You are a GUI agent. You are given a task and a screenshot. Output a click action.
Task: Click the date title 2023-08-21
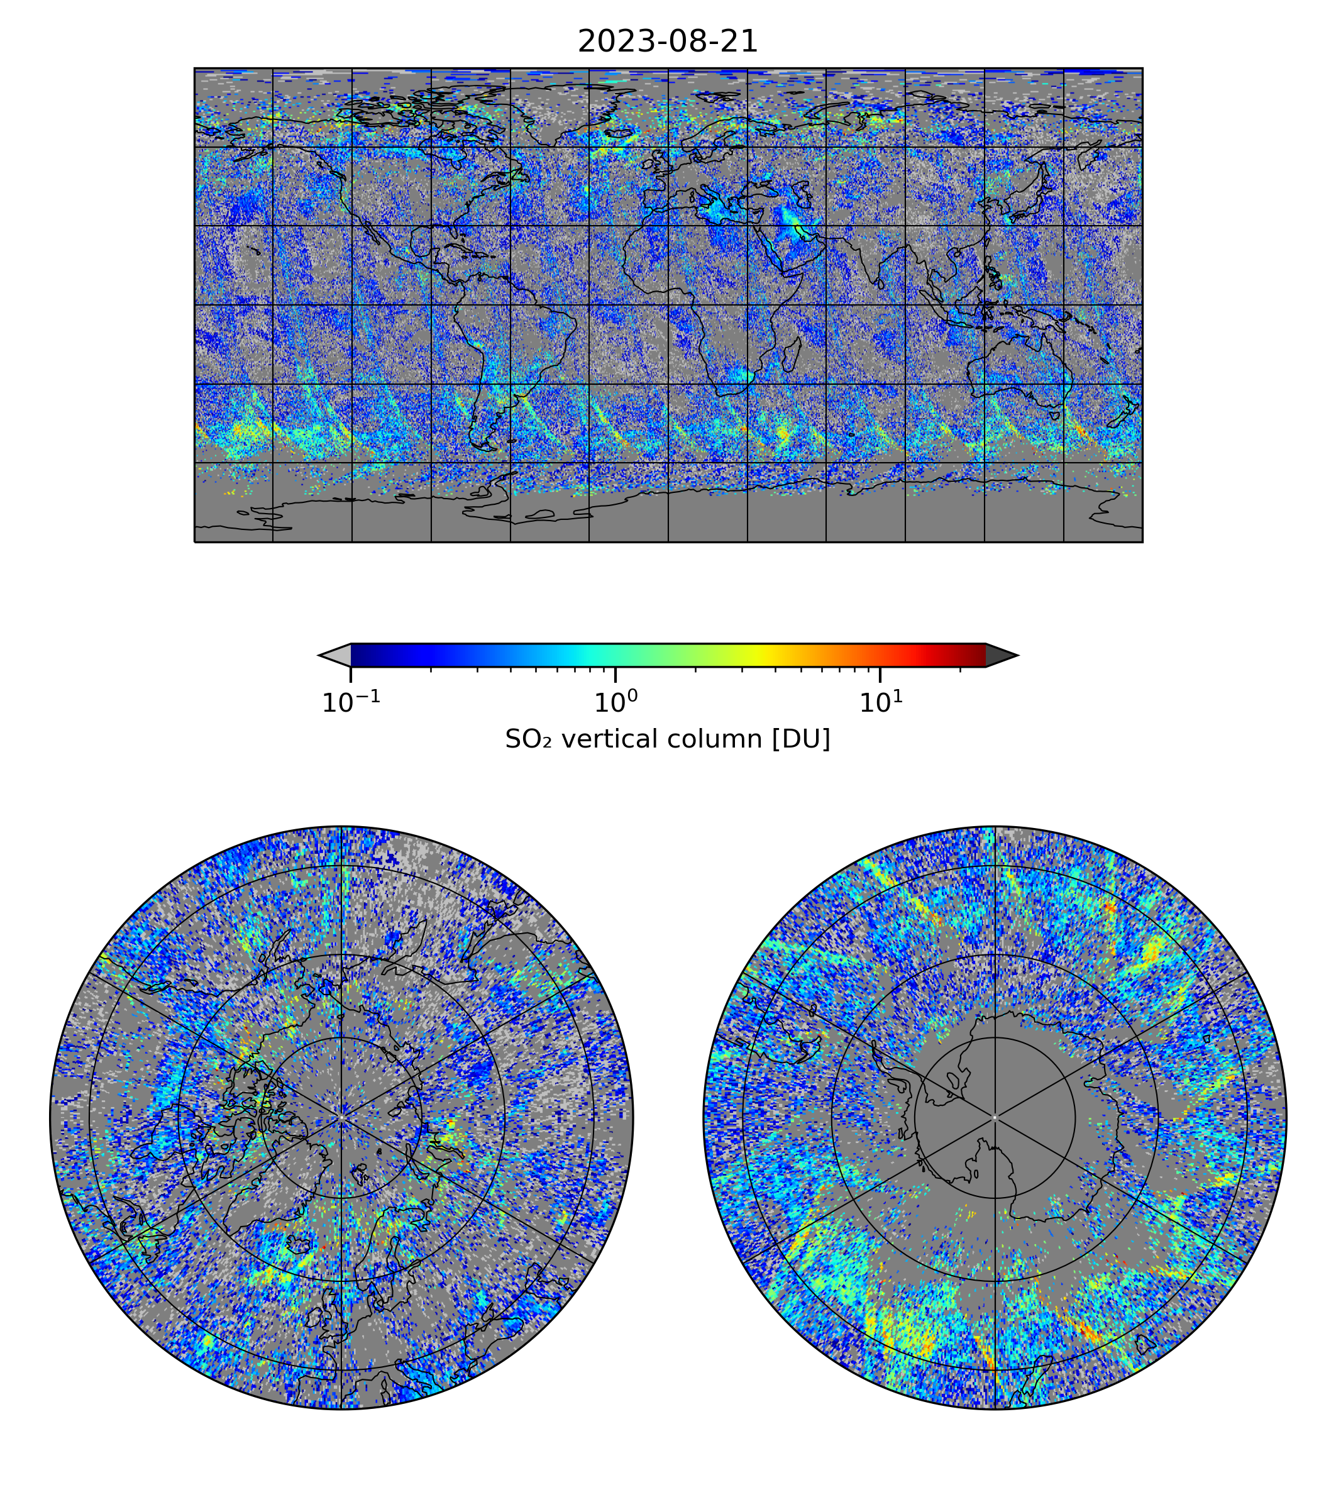pos(667,42)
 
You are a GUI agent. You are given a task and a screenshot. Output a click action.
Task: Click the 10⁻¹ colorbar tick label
pos(351,704)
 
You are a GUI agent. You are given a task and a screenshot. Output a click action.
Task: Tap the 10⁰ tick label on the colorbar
pos(615,704)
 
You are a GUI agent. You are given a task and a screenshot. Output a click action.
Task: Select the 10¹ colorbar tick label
pos(880,704)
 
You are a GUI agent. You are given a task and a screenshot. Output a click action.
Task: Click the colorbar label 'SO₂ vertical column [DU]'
pos(667,739)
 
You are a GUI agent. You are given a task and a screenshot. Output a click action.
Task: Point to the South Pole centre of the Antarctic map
pos(995,1118)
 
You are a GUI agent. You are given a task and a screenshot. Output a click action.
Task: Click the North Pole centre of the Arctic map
pos(341,1117)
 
